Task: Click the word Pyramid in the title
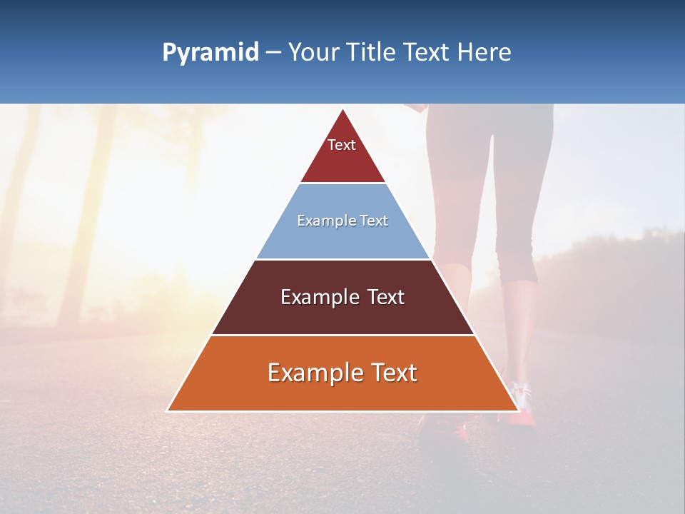210,53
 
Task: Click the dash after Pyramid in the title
273,53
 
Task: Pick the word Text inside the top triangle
342,145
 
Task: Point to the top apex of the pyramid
342,109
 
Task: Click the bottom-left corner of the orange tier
168,410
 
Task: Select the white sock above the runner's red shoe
521,393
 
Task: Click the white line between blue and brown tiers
342,259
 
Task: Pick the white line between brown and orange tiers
342,335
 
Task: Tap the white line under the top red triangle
342,183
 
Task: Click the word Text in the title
427,52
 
